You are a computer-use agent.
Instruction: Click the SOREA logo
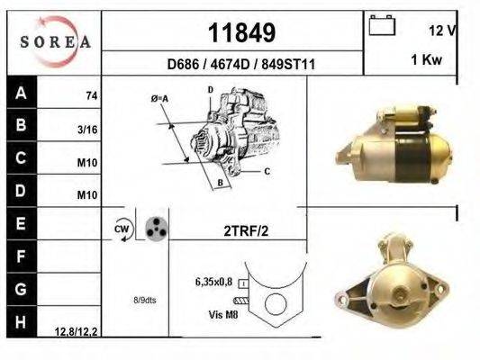(x=56, y=41)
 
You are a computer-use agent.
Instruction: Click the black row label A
(x=21, y=92)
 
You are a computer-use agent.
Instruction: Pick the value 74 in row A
(x=91, y=95)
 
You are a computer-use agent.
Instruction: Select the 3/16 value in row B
(x=87, y=130)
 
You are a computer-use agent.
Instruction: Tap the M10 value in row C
(x=87, y=163)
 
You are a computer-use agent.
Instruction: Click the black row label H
(x=21, y=321)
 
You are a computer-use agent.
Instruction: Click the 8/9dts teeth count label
(x=145, y=300)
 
